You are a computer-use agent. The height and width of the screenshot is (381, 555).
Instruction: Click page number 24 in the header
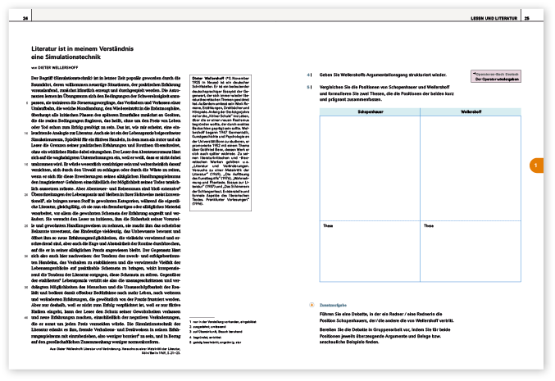[26, 17]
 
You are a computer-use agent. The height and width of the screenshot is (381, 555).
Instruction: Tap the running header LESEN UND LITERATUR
[496, 17]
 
